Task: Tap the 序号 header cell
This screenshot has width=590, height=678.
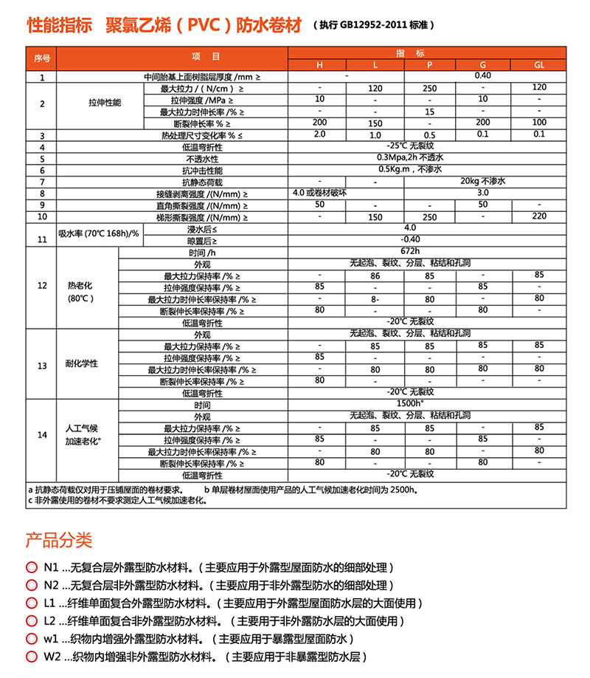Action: (41, 58)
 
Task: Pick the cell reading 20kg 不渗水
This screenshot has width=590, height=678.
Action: (485, 181)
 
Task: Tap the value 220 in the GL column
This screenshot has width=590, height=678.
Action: (539, 216)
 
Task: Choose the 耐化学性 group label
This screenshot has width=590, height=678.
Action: (82, 365)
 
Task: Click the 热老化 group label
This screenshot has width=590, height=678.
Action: (82, 284)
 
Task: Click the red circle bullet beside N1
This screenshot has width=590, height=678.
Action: (31, 567)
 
